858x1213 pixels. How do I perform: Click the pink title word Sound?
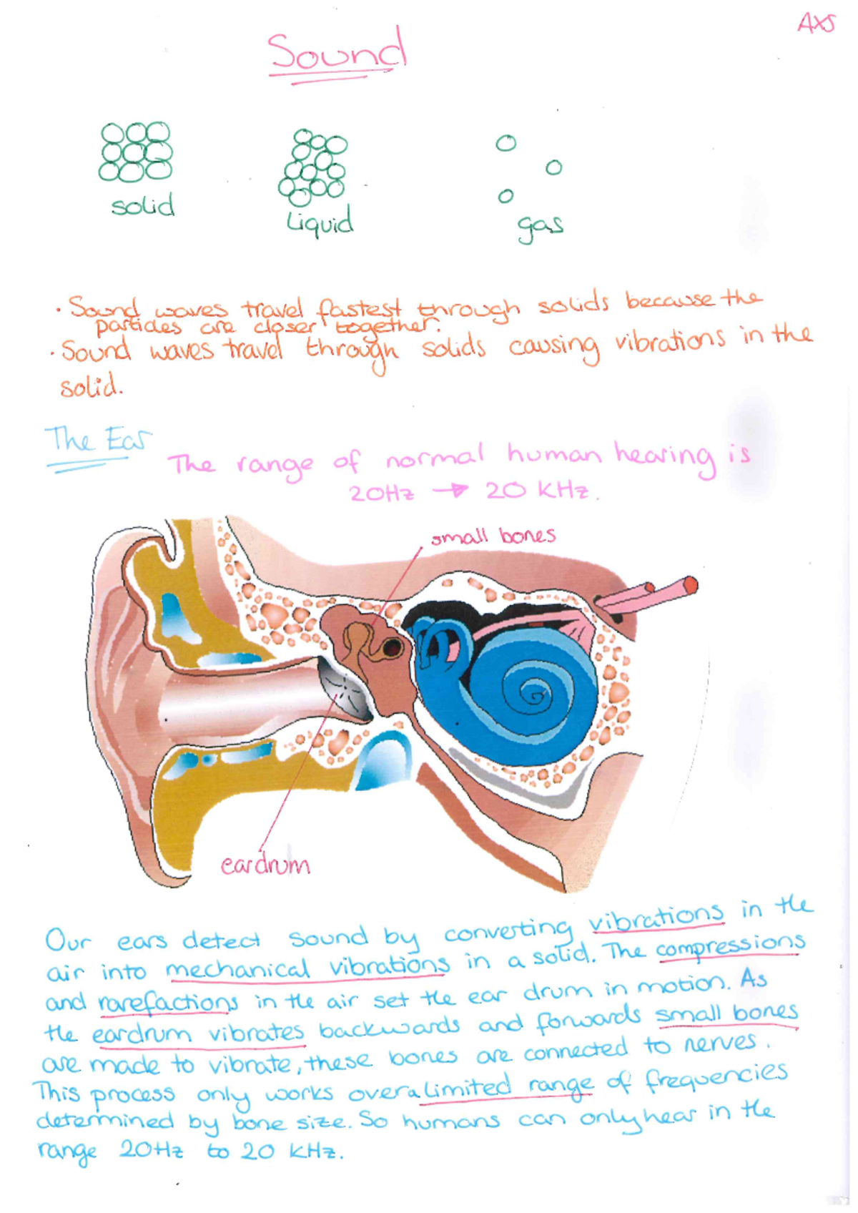tap(337, 51)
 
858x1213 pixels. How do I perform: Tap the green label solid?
tap(143, 205)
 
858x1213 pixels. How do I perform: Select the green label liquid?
tap(320, 222)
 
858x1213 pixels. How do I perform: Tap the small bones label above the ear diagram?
tap(493, 536)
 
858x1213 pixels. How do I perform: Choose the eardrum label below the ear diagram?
tap(265, 865)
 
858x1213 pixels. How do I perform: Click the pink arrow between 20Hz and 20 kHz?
tap(449, 491)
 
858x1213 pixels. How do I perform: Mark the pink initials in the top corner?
tap(816, 24)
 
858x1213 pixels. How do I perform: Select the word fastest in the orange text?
tap(359, 309)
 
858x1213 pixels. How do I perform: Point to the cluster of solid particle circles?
tap(135, 152)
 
